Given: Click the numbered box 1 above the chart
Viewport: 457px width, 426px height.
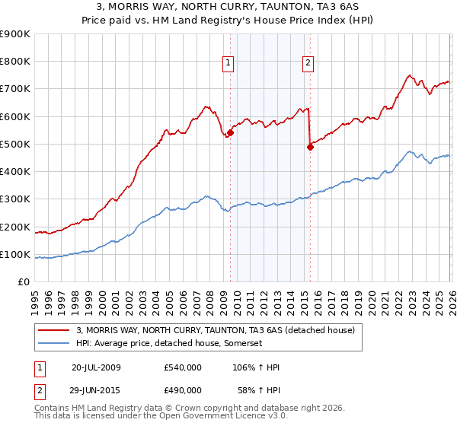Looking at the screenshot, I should (229, 63).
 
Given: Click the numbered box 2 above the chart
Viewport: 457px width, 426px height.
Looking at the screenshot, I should (308, 63).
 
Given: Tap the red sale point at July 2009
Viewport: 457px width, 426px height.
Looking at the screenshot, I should (230, 132).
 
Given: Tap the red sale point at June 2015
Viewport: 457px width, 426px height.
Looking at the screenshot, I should (310, 147).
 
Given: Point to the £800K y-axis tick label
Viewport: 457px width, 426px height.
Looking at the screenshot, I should (15, 62).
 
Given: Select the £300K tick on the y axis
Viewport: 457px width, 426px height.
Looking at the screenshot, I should (15, 199).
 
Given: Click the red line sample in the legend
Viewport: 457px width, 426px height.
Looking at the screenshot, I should (53, 331).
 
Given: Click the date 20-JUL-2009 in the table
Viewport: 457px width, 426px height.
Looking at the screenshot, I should (96, 367).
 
